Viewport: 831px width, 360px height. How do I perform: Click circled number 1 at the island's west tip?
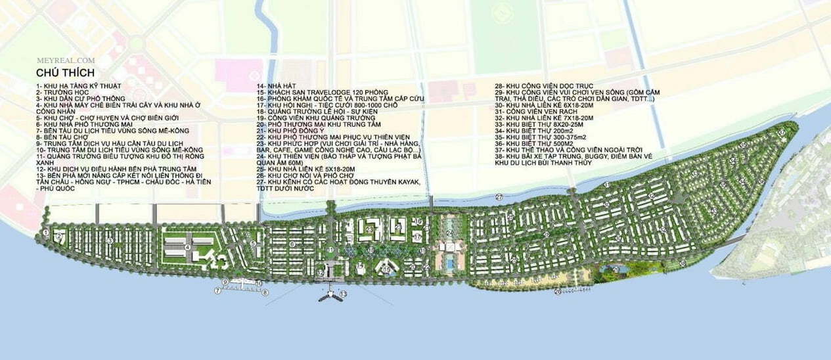pos(45,232)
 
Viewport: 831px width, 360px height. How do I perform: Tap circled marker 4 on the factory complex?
pos(188,248)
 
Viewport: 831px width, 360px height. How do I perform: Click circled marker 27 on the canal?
pos(499,197)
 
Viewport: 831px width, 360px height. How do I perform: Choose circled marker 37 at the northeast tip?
pos(781,133)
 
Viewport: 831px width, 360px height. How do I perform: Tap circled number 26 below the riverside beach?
pos(558,291)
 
